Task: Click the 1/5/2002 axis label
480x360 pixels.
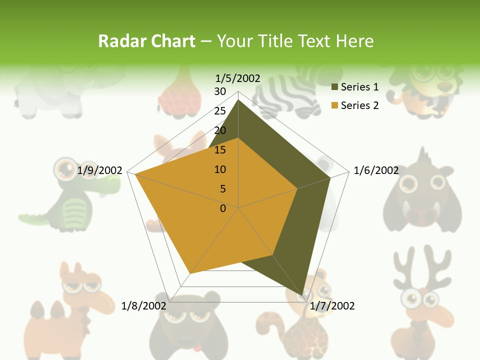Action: click(x=237, y=78)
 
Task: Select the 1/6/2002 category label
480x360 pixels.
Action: click(x=376, y=170)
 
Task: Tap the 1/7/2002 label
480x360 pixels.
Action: click(x=332, y=305)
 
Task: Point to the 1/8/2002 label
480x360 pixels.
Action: click(x=143, y=305)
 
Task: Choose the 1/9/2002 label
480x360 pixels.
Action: click(x=99, y=170)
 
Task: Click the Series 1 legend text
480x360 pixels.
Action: click(x=359, y=87)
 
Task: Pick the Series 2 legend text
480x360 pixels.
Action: click(x=359, y=105)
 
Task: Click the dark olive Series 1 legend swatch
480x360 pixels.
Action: click(x=334, y=87)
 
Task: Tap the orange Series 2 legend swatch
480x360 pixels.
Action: click(x=334, y=106)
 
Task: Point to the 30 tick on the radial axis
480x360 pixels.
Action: click(x=220, y=91)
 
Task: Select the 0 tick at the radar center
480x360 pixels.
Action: click(x=223, y=208)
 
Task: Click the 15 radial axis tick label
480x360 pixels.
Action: click(x=220, y=150)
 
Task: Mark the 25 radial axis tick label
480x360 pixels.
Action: click(x=220, y=111)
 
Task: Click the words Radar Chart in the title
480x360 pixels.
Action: click(x=146, y=41)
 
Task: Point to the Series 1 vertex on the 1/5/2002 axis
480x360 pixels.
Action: click(x=238, y=99)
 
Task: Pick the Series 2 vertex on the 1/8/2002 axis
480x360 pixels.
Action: click(x=190, y=273)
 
